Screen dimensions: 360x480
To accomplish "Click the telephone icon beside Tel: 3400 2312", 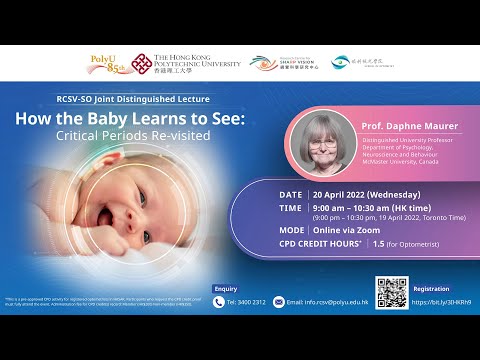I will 219,302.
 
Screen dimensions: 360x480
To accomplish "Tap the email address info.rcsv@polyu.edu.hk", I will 327,302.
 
